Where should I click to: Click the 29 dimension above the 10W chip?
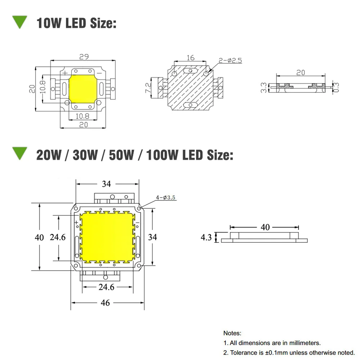[x=84, y=57]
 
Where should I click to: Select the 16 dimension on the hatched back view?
[x=190, y=58]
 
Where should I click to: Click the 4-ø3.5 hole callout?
[x=166, y=197]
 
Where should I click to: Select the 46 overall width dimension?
[x=105, y=303]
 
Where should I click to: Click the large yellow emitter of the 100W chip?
[x=107, y=237]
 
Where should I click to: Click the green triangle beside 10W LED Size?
[x=20, y=22]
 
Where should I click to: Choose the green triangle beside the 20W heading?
[x=20, y=153]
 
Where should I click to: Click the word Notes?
[x=232, y=333]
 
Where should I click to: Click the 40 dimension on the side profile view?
[x=265, y=227]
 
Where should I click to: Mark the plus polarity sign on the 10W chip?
[x=65, y=73]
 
